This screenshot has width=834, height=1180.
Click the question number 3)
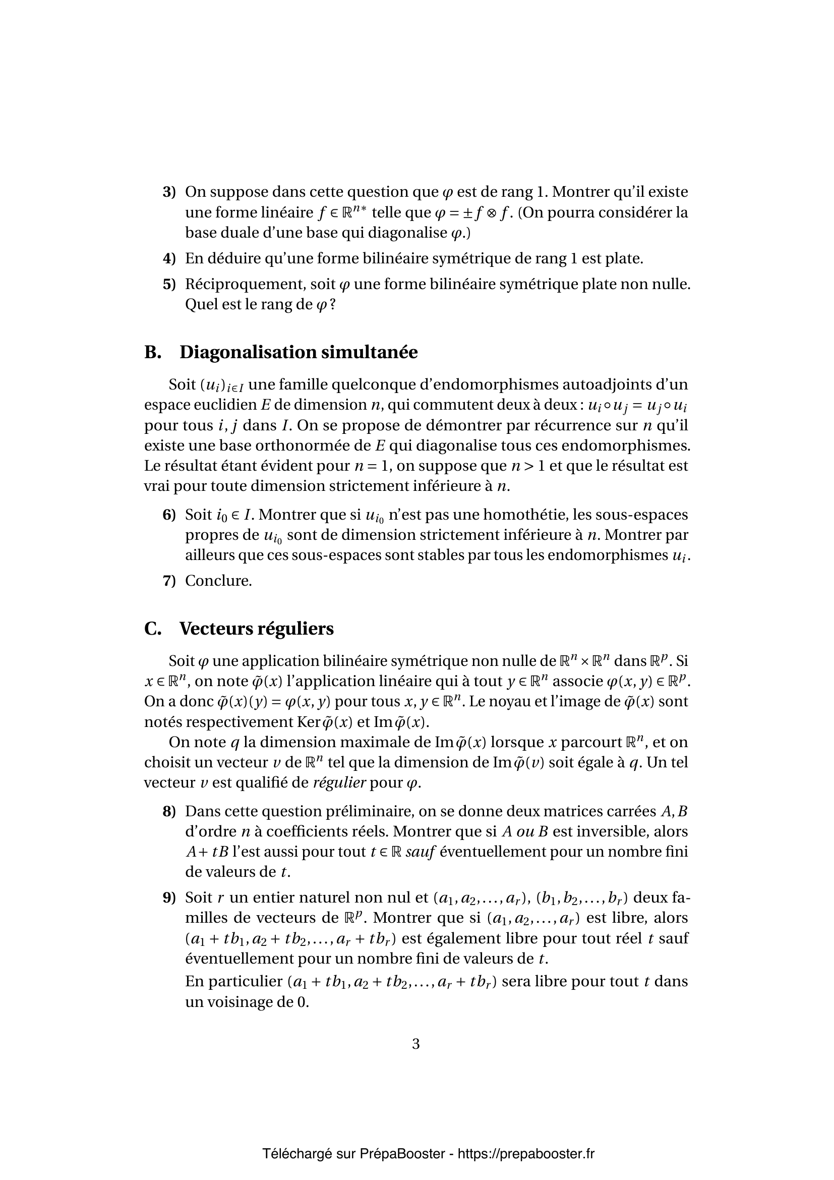(x=169, y=192)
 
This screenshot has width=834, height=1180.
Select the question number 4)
(x=169, y=258)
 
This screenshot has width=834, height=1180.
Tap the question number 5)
(x=169, y=284)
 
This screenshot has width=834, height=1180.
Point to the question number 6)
(x=169, y=515)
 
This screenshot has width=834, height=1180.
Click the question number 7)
(x=169, y=581)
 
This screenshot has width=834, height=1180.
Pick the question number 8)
(x=169, y=812)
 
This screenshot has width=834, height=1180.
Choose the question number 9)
(x=169, y=898)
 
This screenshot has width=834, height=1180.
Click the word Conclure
(x=218, y=581)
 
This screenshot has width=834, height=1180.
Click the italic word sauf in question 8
(x=421, y=853)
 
